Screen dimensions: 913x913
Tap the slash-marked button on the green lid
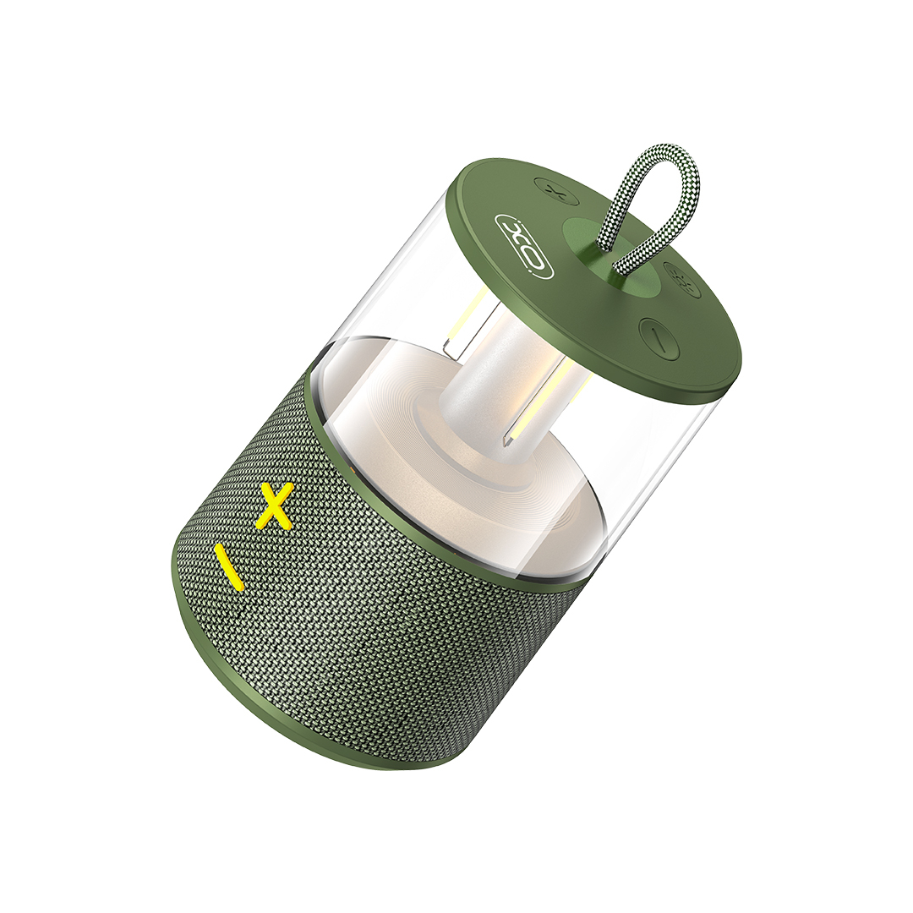tap(659, 338)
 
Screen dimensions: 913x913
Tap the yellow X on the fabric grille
tap(273, 504)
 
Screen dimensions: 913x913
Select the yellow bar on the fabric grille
tap(227, 567)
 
